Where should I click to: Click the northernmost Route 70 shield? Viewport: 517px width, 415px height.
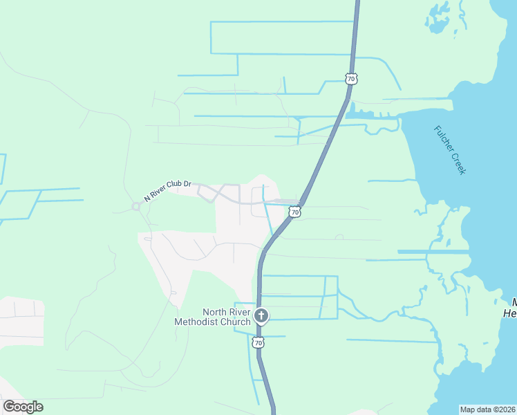[x=352, y=79]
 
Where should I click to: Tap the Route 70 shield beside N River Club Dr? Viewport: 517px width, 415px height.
[x=295, y=212]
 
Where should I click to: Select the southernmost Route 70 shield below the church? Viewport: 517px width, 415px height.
[x=258, y=342]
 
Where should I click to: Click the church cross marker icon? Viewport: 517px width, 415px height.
[x=261, y=317]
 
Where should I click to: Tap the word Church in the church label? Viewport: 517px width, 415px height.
[x=234, y=323]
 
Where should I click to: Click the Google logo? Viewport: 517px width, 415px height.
[x=23, y=407]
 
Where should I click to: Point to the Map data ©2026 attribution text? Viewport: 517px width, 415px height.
[x=488, y=409]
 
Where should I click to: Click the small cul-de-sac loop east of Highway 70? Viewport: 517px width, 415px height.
[x=339, y=237]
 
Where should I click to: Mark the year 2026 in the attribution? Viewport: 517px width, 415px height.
[x=506, y=409]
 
